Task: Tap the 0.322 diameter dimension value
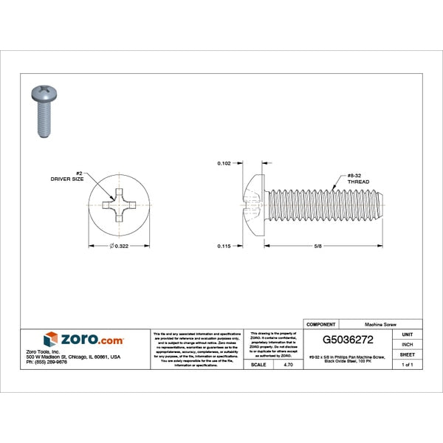(120, 246)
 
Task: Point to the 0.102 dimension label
(224, 162)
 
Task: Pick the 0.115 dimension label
(224, 246)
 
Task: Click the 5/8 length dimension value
(317, 246)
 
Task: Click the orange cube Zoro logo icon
(50, 339)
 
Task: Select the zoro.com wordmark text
(92, 339)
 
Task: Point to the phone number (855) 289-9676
(46, 363)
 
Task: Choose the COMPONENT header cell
(320, 324)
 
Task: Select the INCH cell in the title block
(407, 344)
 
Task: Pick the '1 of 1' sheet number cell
(407, 365)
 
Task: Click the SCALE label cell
(258, 365)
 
